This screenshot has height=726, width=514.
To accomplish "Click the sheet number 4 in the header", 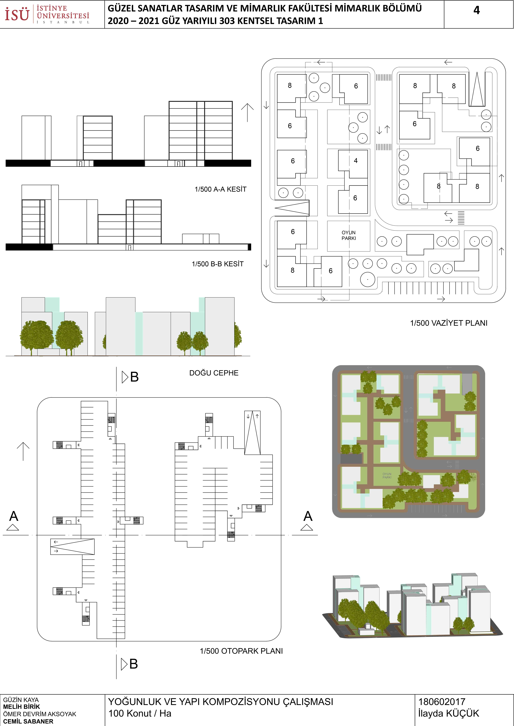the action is pos(476,10).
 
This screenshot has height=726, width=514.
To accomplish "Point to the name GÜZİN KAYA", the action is pos(21,700).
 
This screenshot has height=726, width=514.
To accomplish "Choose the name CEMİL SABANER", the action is pos(28,721).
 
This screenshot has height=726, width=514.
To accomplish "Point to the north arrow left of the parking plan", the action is pos(23,451).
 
